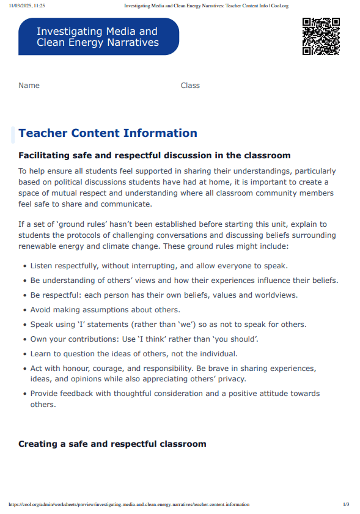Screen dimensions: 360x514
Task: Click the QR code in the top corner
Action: pos(321,37)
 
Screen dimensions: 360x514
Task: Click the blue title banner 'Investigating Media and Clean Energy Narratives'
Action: pos(98,37)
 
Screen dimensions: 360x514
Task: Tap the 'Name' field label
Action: pos(29,86)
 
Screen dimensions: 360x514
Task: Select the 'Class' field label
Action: pos(190,86)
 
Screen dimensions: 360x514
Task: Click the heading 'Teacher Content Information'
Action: pos(108,133)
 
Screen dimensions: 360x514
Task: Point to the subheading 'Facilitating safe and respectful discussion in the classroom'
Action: pos(154,156)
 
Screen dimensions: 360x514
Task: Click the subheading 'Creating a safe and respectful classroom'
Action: pos(112,444)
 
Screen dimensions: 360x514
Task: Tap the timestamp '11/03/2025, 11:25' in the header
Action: pos(27,6)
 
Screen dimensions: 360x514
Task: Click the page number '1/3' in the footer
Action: pos(346,504)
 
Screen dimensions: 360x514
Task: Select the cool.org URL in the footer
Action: pos(129,504)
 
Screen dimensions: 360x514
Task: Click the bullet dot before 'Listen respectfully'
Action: pos(24,266)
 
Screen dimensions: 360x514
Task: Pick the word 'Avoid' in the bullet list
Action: pos(41,310)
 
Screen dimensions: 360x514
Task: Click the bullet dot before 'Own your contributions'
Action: pos(24,339)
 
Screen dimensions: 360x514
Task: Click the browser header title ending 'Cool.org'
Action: pos(206,6)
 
